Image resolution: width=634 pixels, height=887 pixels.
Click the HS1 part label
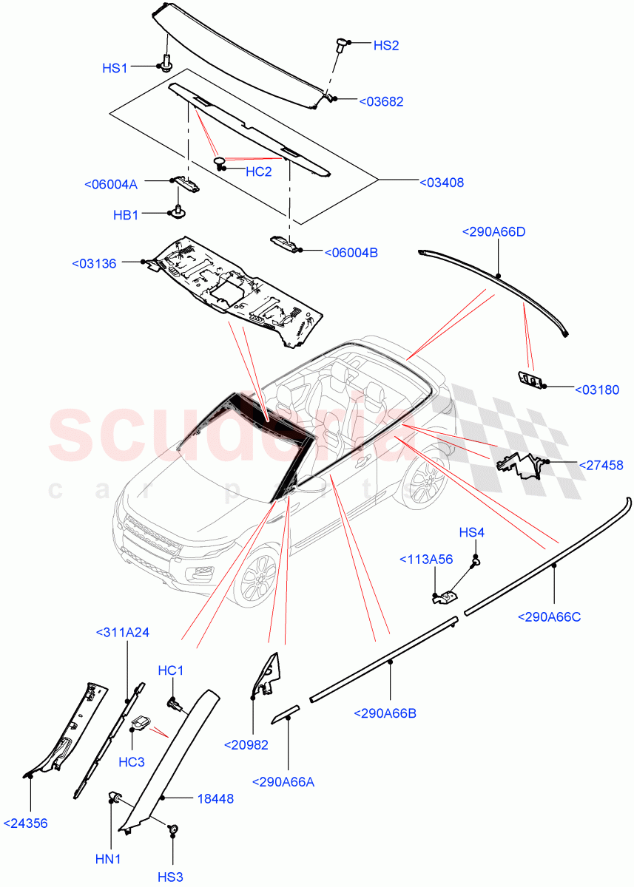115,68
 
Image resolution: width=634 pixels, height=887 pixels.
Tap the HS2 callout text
385,45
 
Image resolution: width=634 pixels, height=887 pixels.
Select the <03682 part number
381,102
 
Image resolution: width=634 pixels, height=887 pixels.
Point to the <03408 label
442,183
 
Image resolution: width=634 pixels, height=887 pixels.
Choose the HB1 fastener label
126,215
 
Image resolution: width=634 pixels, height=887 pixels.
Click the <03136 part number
94,263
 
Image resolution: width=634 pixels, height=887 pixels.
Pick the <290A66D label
493,232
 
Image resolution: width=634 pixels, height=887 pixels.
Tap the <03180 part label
596,390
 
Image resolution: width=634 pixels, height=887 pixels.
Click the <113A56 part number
426,560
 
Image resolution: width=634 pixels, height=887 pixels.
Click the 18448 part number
215,798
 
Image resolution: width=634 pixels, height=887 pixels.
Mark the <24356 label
25,823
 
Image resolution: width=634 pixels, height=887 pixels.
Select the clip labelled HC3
141,724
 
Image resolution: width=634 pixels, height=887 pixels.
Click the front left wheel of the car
257,577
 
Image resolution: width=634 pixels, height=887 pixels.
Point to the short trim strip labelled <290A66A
286,712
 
